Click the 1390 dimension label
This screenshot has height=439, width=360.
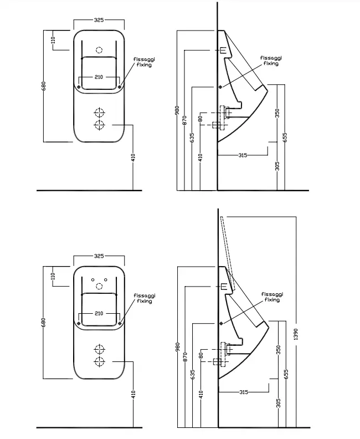point(296,334)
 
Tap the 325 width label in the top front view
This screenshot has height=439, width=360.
point(99,20)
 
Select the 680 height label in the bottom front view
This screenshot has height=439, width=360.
point(43,322)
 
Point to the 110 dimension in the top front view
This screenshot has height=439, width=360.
point(53,40)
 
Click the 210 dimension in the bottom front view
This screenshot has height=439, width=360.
point(99,313)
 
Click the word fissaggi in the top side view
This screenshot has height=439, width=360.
point(271,58)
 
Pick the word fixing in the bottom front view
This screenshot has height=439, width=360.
point(145,301)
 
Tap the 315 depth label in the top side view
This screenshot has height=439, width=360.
point(243,155)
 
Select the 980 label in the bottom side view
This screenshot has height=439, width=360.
point(178,347)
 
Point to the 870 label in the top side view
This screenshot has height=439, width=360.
point(184,120)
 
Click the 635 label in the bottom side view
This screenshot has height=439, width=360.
point(193,374)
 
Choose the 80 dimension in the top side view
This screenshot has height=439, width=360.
point(200,119)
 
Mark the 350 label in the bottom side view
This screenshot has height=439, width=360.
point(279,350)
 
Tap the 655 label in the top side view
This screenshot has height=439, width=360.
point(285,137)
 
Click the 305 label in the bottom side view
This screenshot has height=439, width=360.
point(279,403)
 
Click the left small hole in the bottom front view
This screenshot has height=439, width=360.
point(93,279)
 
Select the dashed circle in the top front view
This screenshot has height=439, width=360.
point(99,50)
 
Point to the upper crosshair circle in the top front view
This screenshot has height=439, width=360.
point(99,113)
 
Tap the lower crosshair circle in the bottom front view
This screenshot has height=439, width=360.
point(99,361)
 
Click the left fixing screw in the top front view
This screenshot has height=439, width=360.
point(79,87)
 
